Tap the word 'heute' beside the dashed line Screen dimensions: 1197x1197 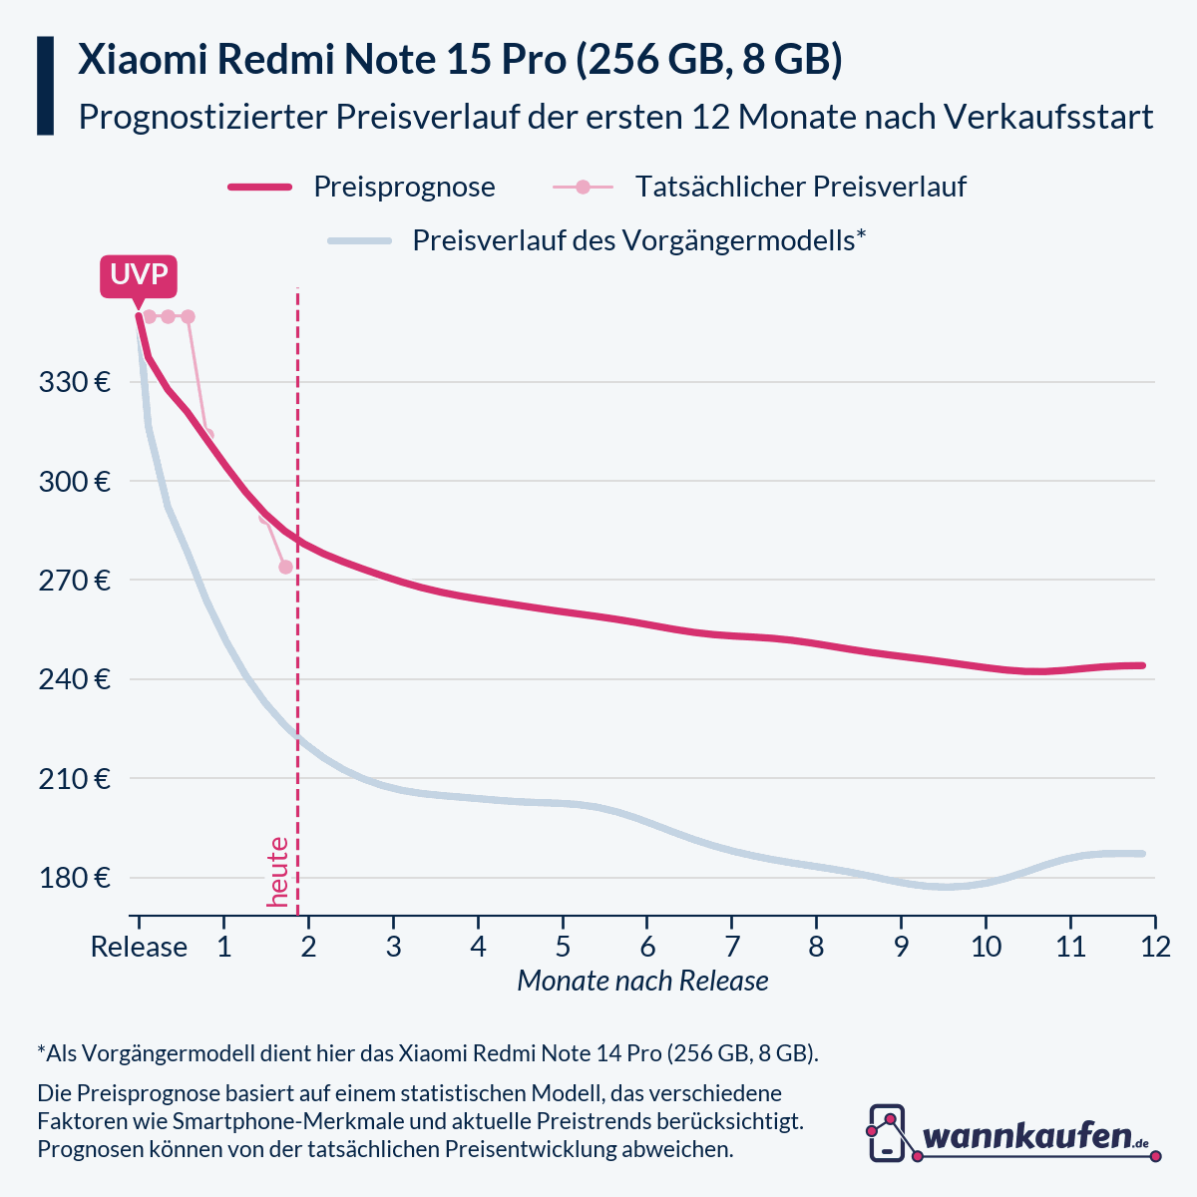point(278,872)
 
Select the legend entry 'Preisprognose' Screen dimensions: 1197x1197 point(404,187)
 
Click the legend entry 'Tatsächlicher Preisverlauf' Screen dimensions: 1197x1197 point(800,187)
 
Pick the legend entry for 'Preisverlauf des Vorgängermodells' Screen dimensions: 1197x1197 point(637,240)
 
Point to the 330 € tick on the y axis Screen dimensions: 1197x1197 point(76,382)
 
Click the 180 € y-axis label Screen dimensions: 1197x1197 point(76,878)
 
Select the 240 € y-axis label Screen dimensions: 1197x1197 point(76,679)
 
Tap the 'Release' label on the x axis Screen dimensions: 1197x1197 point(139,947)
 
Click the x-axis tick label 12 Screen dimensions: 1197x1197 point(1155,947)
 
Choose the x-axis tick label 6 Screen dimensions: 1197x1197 point(647,947)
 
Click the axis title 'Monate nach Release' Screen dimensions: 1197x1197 point(642,982)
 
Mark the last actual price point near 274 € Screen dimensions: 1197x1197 point(285,567)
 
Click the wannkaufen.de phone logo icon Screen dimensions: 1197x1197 point(887,1132)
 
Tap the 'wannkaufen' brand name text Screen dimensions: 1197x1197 point(1027,1136)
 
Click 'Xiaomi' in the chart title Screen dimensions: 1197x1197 point(142,60)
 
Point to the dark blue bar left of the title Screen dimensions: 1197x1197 point(45,86)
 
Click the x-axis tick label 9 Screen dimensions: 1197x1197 point(901,947)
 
